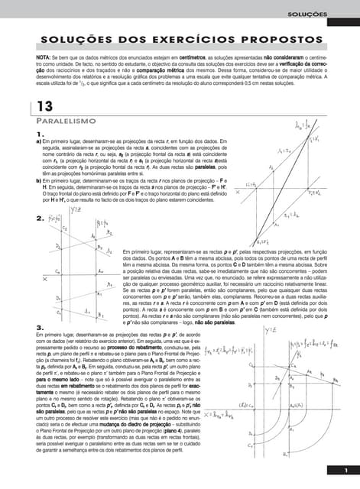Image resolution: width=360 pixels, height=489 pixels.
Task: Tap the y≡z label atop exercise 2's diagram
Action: (x=76, y=210)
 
